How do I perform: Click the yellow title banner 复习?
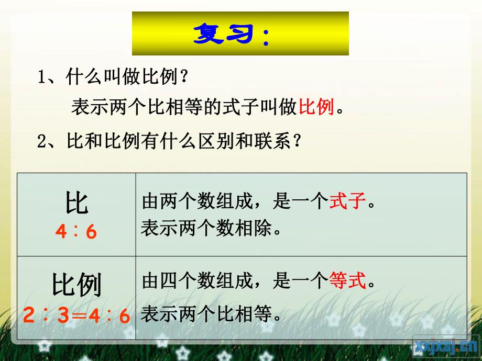click(240, 33)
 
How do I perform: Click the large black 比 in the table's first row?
click(77, 203)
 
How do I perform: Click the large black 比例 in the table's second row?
click(77, 286)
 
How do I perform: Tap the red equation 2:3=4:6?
click(76, 316)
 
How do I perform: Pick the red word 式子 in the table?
click(347, 201)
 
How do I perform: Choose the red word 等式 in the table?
click(347, 283)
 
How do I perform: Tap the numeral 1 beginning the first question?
click(42, 78)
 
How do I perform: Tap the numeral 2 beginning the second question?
click(42, 142)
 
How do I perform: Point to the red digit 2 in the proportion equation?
click(29, 316)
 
